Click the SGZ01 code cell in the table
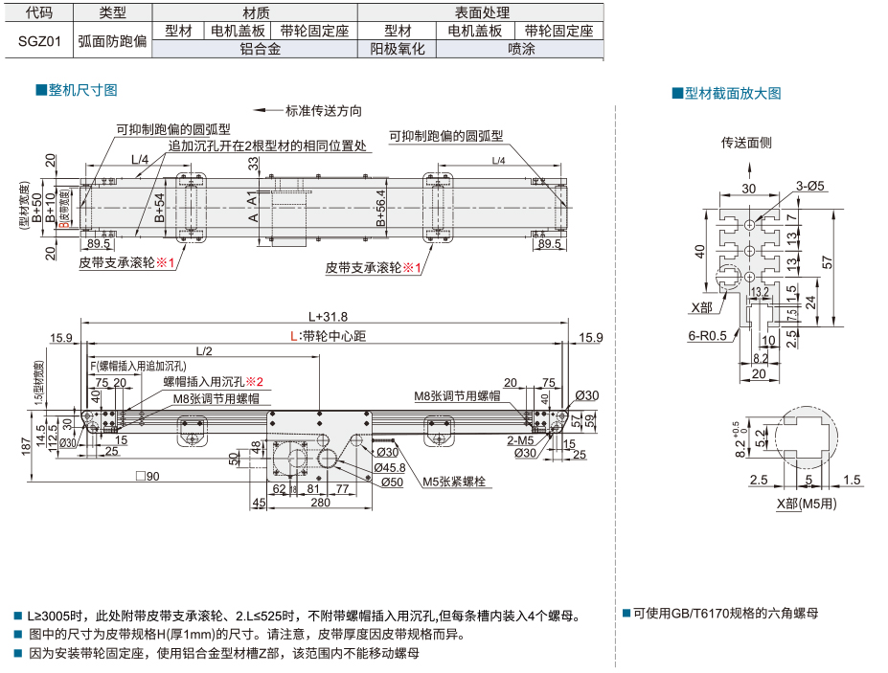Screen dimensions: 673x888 point(38,41)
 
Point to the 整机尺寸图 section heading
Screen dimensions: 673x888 point(81,90)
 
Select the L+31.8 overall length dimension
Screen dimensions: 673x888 point(328,316)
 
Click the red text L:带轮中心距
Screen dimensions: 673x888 point(328,336)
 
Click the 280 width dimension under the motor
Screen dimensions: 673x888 point(320,502)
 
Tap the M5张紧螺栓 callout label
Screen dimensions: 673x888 point(454,482)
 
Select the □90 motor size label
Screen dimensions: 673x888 point(148,476)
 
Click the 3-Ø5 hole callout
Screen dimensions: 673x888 point(809,186)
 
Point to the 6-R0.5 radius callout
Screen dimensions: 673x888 point(707,336)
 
